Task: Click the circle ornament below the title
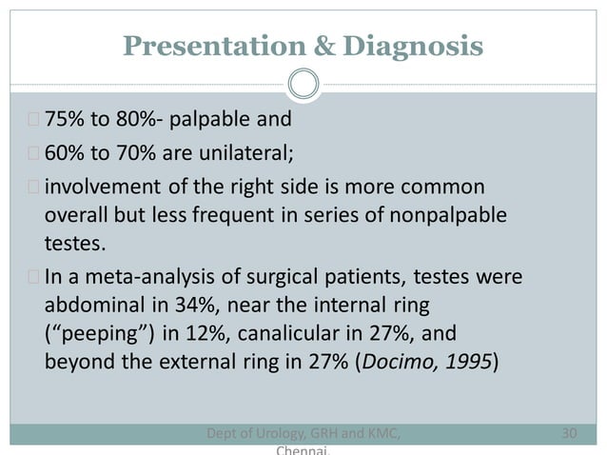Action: pyautogui.click(x=303, y=86)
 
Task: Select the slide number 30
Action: pyautogui.click(x=570, y=434)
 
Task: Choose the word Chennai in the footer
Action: pyautogui.click(x=303, y=450)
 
